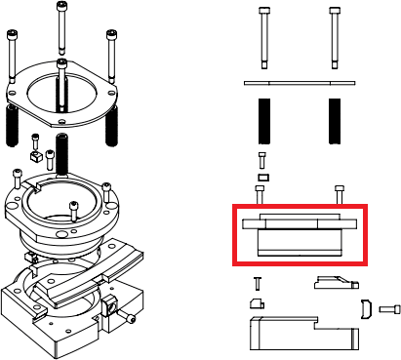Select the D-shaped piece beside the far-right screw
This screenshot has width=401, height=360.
pyautogui.click(x=366, y=309)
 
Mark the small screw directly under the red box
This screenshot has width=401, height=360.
pyautogui.click(x=258, y=285)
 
